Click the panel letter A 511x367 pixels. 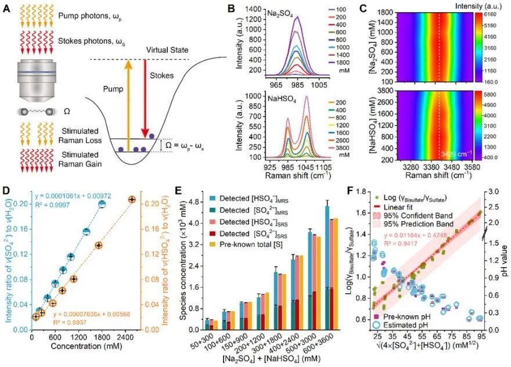click(x=8, y=9)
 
